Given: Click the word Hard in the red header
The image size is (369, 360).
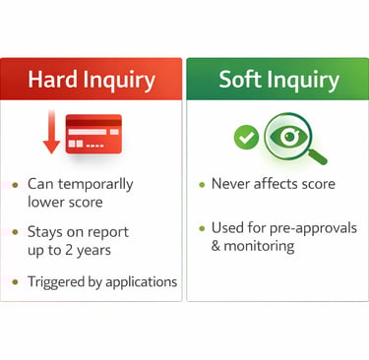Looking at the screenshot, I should (52, 79).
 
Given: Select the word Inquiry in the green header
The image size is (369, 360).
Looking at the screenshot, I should (308, 80).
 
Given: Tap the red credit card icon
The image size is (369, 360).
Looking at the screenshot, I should (93, 134).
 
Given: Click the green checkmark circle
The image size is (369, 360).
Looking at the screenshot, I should (246, 138).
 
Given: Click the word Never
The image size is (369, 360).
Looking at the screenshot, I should (231, 184).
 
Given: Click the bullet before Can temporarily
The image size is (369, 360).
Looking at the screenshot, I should (14, 185).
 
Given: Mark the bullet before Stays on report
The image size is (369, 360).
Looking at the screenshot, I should (14, 233).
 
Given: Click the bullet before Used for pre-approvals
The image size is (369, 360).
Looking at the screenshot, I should (201, 228).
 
